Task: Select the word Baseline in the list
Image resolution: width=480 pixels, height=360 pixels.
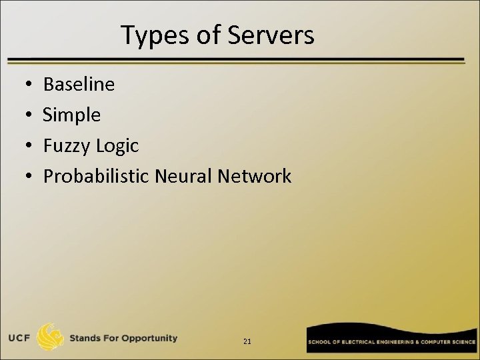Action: (x=79, y=85)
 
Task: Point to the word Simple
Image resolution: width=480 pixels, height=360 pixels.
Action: (x=72, y=115)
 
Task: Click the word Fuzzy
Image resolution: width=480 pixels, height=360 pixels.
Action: (x=66, y=146)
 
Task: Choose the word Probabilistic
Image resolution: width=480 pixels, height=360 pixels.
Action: (x=96, y=177)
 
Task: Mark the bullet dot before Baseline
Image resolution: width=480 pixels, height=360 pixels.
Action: (x=23, y=85)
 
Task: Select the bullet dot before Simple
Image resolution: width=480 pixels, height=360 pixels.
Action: (x=23, y=116)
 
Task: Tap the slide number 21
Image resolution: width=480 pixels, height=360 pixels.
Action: (x=247, y=341)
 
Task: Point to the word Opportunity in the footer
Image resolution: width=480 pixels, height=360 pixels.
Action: (x=150, y=338)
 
